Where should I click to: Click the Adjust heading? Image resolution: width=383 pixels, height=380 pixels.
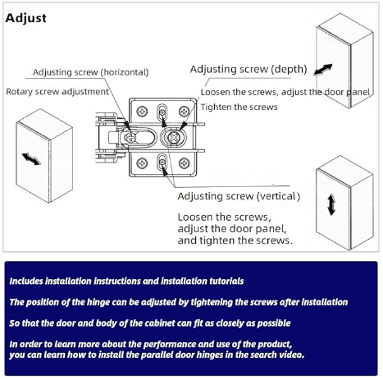(x=25, y=18)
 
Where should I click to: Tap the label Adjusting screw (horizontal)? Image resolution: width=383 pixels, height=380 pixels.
(x=91, y=72)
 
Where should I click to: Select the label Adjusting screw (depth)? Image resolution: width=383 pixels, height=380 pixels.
(x=248, y=70)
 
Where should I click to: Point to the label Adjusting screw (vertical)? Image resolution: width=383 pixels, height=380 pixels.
(x=239, y=196)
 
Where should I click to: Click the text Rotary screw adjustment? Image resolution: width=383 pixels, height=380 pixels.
(x=57, y=92)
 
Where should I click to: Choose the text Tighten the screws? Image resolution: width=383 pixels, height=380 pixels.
(x=239, y=107)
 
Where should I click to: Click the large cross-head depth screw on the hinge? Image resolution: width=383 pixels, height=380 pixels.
(x=173, y=137)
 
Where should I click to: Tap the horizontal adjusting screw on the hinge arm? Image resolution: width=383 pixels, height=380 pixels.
(x=130, y=137)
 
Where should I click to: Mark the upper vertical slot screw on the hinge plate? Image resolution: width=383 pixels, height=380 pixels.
(x=162, y=112)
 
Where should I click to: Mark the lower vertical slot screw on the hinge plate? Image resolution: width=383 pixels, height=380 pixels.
(x=162, y=163)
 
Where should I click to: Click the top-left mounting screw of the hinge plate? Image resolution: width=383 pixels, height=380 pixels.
(x=142, y=112)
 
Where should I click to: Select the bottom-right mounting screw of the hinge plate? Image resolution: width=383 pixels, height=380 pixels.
(x=185, y=163)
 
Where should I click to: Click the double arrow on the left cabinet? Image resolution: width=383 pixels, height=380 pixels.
(x=31, y=159)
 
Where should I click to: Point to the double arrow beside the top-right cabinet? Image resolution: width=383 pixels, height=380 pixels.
(x=323, y=69)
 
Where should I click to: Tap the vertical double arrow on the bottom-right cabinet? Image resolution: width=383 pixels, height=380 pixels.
(x=331, y=204)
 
